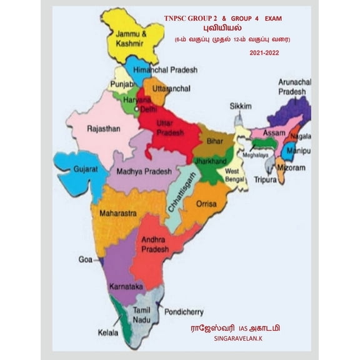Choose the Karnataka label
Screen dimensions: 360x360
(x=126, y=286)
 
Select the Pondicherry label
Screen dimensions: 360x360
(x=185, y=311)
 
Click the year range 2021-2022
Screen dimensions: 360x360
(x=263, y=53)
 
